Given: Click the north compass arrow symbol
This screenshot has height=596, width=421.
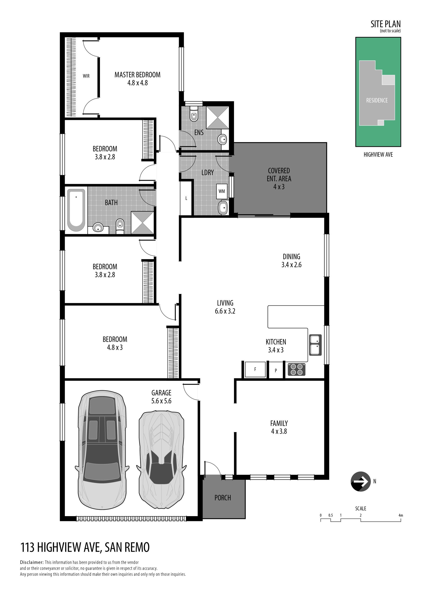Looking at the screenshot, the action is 360,481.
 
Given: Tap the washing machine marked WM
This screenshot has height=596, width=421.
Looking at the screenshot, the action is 222,191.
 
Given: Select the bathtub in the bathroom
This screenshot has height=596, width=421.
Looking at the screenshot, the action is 76,210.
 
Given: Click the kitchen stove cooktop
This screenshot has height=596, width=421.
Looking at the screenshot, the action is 296,369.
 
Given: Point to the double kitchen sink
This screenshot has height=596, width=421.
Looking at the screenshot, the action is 315,345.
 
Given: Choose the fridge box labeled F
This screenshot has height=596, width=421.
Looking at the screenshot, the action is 255,369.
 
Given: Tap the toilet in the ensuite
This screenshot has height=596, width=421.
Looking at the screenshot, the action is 194,114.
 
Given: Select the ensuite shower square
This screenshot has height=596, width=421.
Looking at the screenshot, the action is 217,117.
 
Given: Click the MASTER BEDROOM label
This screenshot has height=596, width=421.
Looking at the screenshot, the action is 137,75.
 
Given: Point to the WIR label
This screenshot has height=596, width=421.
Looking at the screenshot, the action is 86,76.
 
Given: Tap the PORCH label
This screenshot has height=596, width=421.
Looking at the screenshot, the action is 223,498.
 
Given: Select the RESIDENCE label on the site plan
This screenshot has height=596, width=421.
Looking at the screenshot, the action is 377,100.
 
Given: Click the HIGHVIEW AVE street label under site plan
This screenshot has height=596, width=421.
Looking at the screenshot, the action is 378,155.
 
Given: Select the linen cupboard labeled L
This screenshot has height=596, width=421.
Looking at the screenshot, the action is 186,198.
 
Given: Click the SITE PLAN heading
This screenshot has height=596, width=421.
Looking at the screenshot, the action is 385,24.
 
